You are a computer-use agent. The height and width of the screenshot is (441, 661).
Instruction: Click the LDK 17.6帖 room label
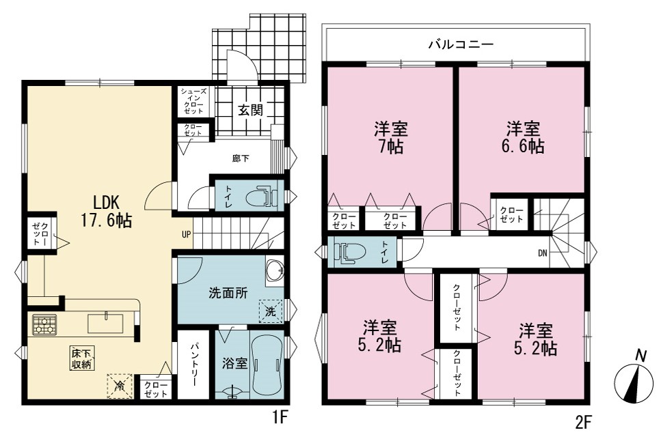(106, 212)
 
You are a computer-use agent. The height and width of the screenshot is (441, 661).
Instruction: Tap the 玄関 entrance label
(251, 110)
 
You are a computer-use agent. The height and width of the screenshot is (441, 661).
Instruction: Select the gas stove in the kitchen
(44, 325)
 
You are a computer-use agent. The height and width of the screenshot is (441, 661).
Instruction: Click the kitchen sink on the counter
(105, 323)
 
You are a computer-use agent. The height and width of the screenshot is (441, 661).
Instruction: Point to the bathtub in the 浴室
(267, 365)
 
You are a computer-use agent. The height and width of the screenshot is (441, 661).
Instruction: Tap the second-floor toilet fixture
(349, 253)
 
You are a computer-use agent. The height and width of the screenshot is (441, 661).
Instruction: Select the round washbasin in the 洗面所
(275, 270)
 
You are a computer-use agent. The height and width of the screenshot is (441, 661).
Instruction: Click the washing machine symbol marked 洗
(270, 311)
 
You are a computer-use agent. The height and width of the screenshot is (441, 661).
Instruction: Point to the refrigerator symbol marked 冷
(120, 386)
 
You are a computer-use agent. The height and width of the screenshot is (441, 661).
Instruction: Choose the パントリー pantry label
(193, 365)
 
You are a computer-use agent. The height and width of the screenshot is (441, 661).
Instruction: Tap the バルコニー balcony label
(461, 44)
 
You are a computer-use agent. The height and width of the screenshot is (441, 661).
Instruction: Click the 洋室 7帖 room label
(391, 137)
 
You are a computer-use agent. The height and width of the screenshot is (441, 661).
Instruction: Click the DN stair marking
(543, 253)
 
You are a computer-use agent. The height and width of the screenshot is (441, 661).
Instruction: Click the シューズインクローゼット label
(193, 101)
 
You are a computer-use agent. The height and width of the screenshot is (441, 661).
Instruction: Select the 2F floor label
(584, 422)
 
